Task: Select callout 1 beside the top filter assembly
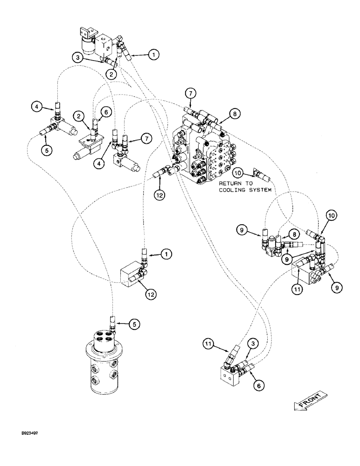click(x=153, y=55)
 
